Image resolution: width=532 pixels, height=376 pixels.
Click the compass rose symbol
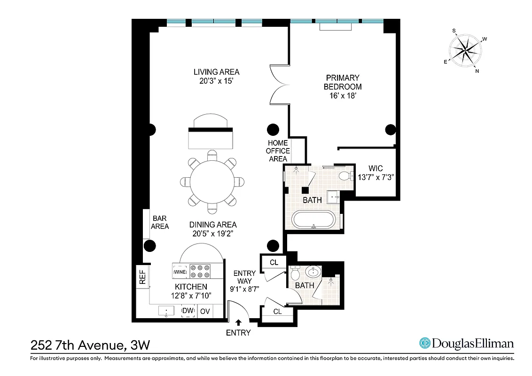(466, 50)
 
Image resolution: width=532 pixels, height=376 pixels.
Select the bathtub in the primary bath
(313, 220)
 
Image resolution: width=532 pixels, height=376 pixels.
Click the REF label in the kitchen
(142, 277)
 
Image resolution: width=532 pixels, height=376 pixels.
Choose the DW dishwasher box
(188, 311)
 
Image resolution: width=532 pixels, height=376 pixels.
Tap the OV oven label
(205, 311)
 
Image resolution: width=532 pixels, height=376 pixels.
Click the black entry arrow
(238, 322)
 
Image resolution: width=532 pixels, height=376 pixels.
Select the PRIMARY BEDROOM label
(343, 82)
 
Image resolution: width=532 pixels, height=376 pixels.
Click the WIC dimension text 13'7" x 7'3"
(376, 178)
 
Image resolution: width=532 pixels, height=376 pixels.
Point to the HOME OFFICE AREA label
(278, 151)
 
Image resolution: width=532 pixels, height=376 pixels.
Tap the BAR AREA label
(160, 222)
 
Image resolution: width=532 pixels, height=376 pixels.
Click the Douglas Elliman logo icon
(425, 343)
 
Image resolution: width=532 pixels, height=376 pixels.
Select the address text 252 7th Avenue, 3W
(90, 345)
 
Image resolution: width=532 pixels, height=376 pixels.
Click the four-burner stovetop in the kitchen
(201, 272)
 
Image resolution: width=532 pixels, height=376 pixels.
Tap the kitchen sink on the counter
(166, 311)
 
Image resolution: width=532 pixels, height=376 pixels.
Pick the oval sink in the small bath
(313, 272)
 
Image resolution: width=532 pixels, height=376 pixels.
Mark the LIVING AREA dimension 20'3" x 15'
(216, 81)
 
